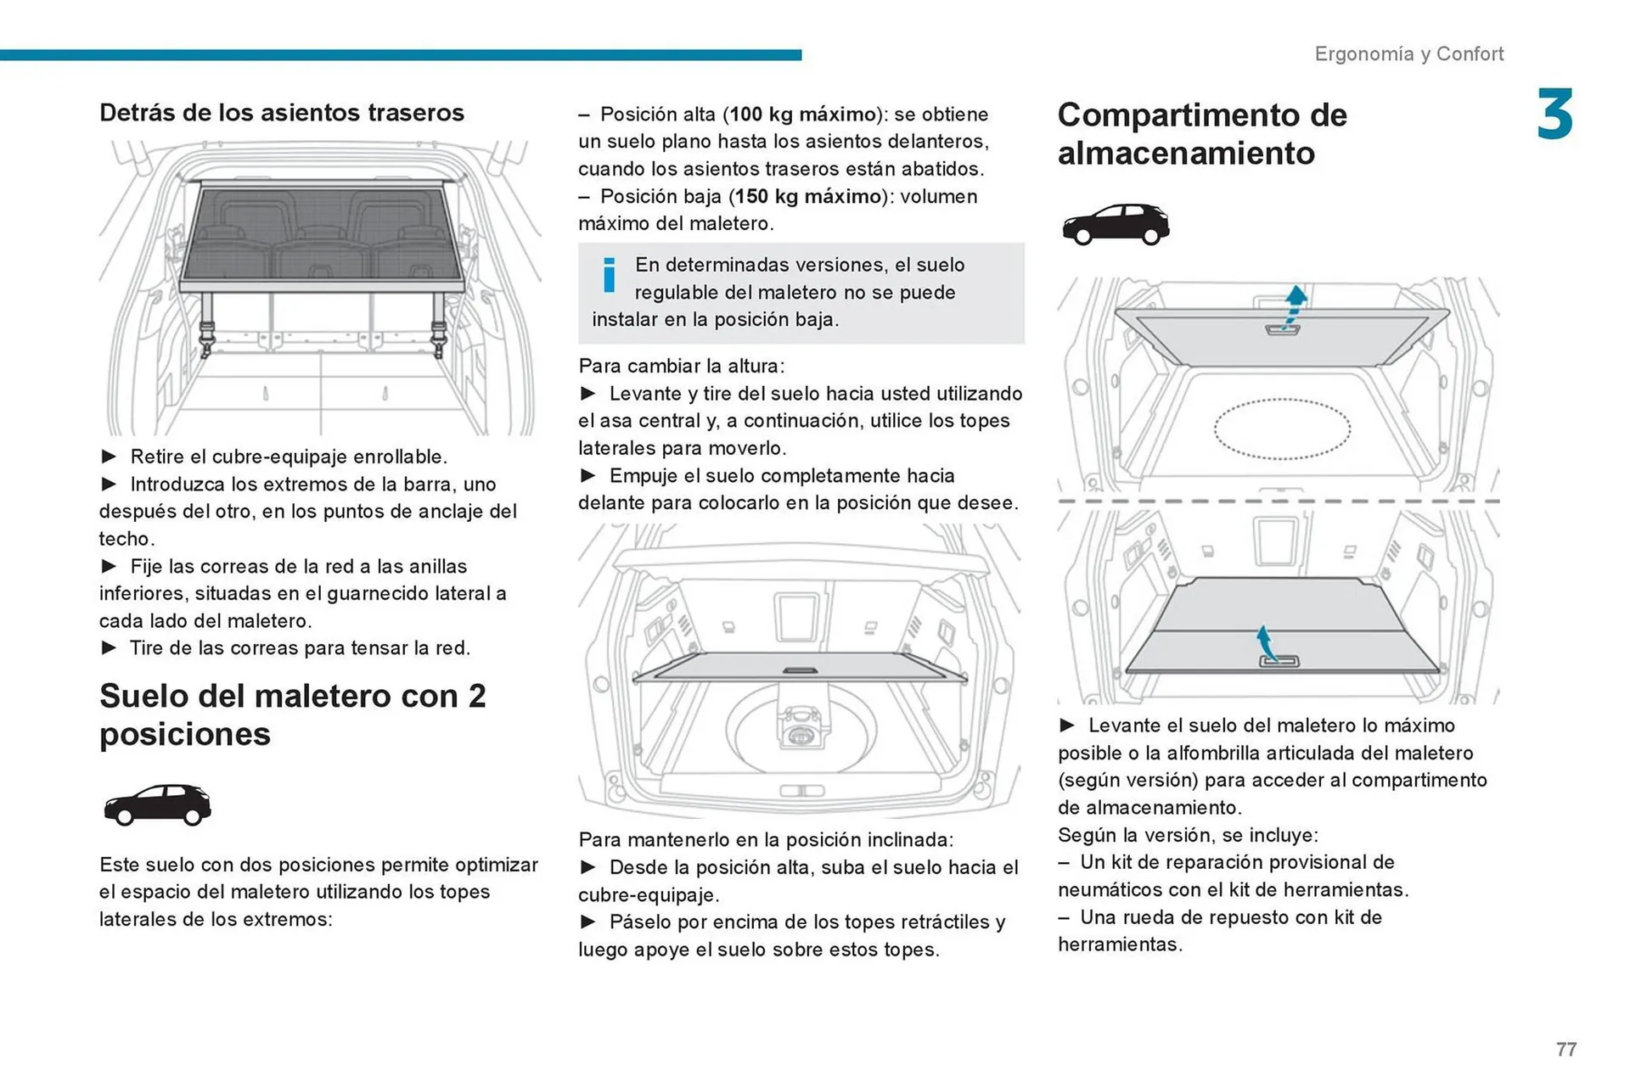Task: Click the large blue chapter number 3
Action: point(1554,115)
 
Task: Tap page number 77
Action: point(1565,1050)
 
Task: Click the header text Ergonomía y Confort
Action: point(1408,53)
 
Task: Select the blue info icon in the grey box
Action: point(609,275)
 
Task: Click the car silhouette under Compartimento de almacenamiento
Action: point(1115,224)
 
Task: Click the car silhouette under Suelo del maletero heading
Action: point(157,804)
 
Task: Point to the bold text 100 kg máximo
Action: point(802,115)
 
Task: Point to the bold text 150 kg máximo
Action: point(807,197)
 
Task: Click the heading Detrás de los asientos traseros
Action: point(281,113)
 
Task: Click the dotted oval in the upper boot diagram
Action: point(1281,429)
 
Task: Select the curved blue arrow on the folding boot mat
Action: point(1266,643)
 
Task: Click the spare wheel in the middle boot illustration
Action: point(800,730)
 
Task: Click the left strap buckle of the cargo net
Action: point(207,335)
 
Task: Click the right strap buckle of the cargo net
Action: point(439,335)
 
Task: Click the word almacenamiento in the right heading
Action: point(1185,154)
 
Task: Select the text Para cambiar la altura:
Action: point(681,366)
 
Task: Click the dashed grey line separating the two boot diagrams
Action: point(1278,501)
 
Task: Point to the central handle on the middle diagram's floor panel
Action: point(799,670)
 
